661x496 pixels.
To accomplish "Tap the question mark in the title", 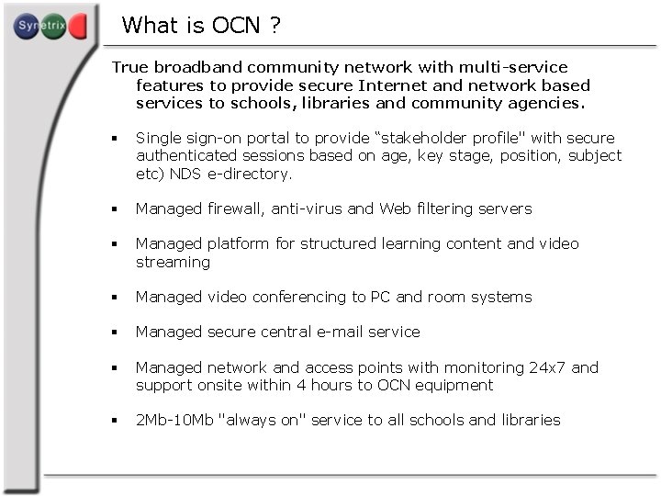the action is click(x=275, y=26).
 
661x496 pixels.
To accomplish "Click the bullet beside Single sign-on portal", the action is click(x=115, y=139).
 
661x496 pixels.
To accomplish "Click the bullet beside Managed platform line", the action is click(x=115, y=244).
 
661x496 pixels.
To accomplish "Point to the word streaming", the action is click(x=173, y=262).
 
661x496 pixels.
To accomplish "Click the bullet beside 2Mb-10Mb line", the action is click(x=115, y=421).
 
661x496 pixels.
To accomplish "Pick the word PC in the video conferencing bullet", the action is click(x=381, y=297).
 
